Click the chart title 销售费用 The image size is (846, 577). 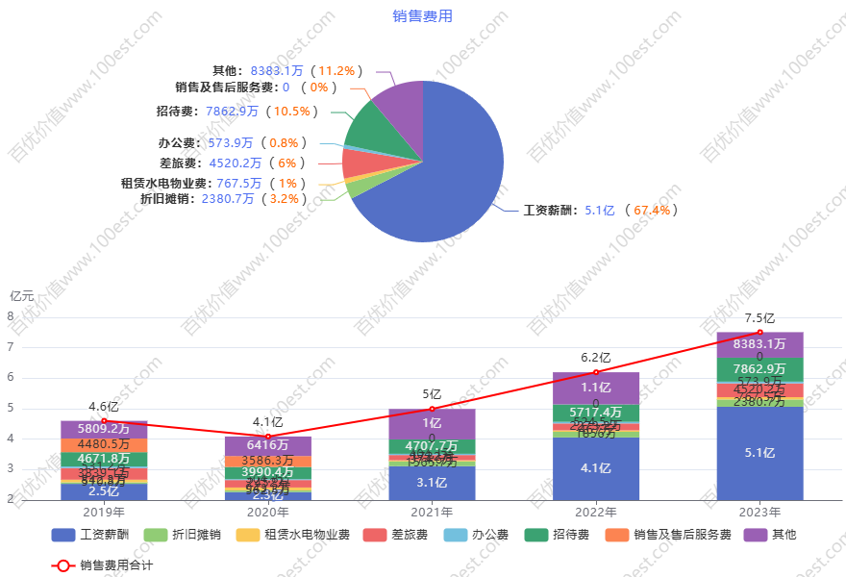tap(422, 16)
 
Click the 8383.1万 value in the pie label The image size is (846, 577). tap(276, 71)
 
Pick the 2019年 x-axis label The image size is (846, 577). tap(104, 512)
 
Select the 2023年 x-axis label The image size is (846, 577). tap(759, 512)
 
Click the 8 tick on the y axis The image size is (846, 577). tap(10, 316)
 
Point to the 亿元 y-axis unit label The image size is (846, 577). tap(21, 296)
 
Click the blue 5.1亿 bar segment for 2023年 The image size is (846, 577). tap(759, 453)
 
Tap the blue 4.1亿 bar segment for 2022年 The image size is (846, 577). tap(596, 468)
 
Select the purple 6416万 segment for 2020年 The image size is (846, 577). tap(267, 445)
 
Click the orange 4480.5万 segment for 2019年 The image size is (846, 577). tap(104, 444)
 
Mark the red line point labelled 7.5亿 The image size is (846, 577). tap(759, 332)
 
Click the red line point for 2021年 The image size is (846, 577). tap(432, 409)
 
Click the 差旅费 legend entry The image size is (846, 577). tap(395, 535)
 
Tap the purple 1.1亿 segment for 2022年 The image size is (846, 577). tap(596, 388)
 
